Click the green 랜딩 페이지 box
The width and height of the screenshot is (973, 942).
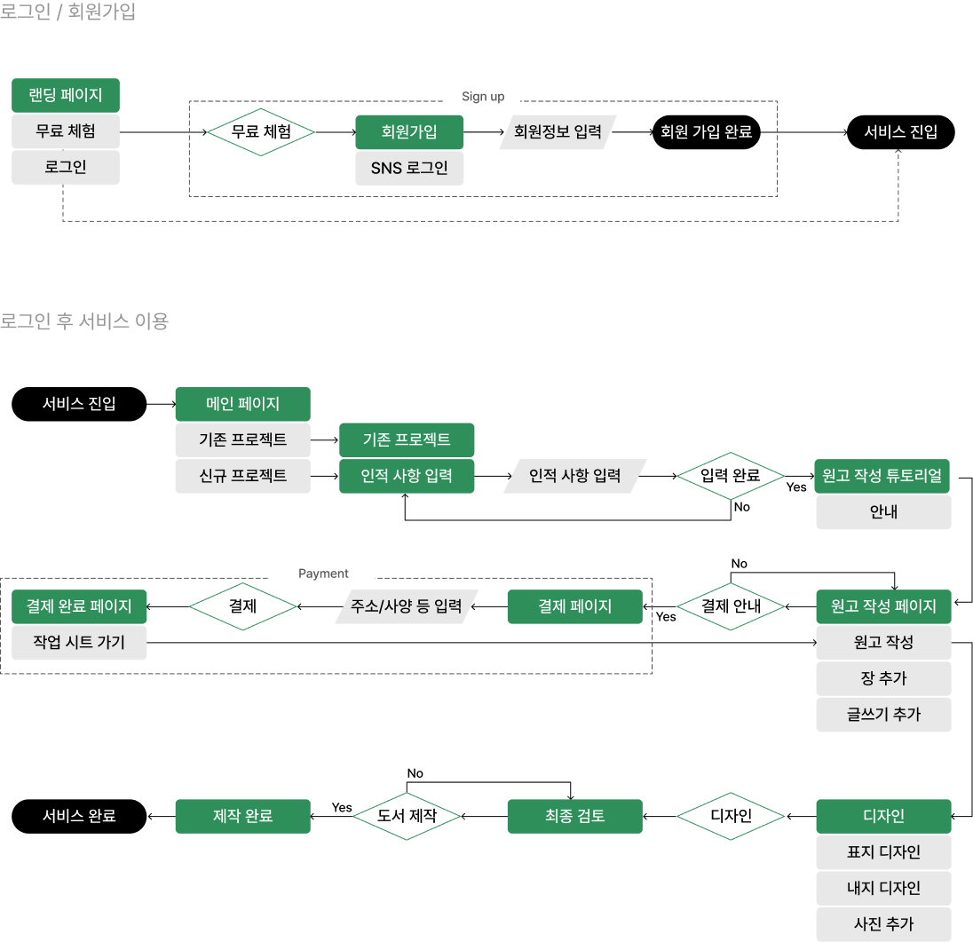(66, 95)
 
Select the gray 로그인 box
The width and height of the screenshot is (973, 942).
(66, 167)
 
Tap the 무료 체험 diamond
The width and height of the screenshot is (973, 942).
(261, 132)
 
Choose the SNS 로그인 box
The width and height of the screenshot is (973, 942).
(409, 168)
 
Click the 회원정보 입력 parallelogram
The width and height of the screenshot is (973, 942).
(558, 132)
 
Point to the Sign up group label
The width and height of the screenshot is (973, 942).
(482, 98)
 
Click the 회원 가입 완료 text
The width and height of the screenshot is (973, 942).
(706, 132)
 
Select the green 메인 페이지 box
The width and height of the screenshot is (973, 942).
(242, 404)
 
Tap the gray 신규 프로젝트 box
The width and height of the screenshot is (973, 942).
(242, 476)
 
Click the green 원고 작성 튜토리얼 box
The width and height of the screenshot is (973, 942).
(882, 476)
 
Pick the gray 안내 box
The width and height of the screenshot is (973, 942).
(882, 512)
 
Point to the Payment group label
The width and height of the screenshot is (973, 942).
(322, 574)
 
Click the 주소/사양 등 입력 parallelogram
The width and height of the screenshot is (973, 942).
(407, 606)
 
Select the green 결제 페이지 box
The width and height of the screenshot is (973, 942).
(574, 606)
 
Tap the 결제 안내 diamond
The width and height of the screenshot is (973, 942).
(731, 606)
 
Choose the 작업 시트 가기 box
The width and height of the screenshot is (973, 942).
(79, 643)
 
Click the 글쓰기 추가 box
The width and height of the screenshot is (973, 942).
(882, 715)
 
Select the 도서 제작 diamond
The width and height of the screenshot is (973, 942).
(407, 816)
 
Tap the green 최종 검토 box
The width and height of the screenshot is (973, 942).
(574, 816)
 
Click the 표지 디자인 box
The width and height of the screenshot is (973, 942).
(882, 852)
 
